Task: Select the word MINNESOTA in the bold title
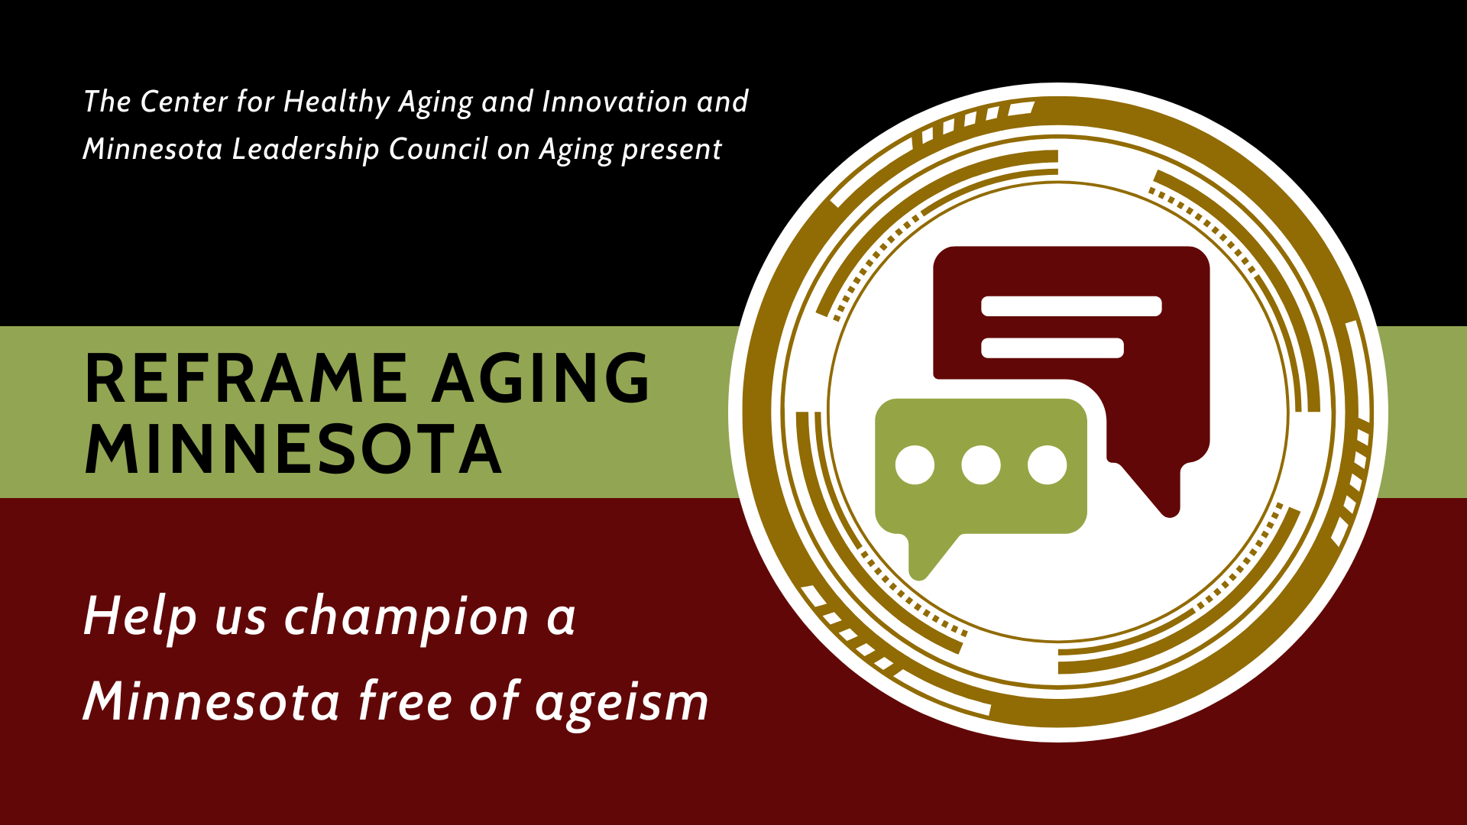[x=293, y=449]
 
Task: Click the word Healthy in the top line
[x=337, y=102]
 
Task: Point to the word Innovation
[x=614, y=102]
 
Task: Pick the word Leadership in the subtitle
[x=306, y=149]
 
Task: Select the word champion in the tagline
[x=406, y=616]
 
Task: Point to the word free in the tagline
[x=406, y=700]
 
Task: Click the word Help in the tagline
[x=141, y=616]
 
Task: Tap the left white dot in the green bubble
[x=915, y=465]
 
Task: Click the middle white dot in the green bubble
[x=981, y=465]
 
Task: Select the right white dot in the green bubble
[x=1047, y=465]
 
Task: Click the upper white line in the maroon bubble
[x=1071, y=306]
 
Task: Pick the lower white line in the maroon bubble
[x=1052, y=348]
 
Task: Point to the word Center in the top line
[x=184, y=102]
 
